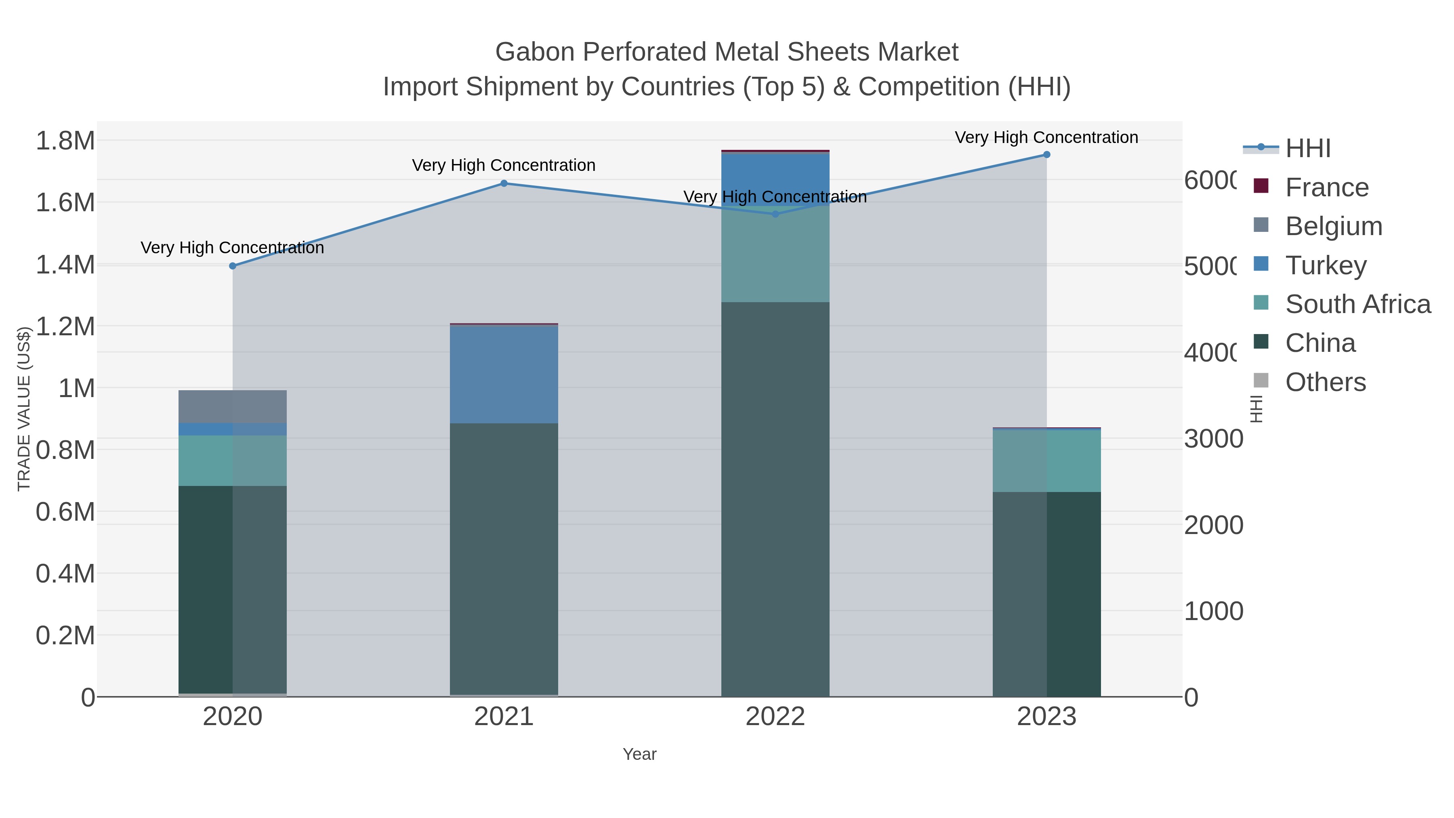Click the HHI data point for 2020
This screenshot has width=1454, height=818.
coord(233,266)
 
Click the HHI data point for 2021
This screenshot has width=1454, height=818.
coord(504,183)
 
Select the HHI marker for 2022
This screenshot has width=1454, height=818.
coord(775,214)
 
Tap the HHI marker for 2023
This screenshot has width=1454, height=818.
coord(1046,155)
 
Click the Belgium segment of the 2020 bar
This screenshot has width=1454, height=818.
coord(233,406)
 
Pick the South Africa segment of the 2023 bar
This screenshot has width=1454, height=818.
coord(1046,461)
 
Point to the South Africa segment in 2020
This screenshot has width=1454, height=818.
coord(233,461)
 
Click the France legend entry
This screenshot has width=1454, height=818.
coord(1326,187)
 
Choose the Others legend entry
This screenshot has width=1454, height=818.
coord(1325,382)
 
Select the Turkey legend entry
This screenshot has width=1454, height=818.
coord(1325,265)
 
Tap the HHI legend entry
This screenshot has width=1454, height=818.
coord(1307,149)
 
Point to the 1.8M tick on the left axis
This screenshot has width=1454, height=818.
coord(65,141)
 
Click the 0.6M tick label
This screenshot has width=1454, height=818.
coord(65,512)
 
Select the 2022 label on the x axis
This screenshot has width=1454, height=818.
coord(775,717)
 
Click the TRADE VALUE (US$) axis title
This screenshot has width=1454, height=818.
coord(24,409)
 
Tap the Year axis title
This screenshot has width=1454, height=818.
coord(639,754)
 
